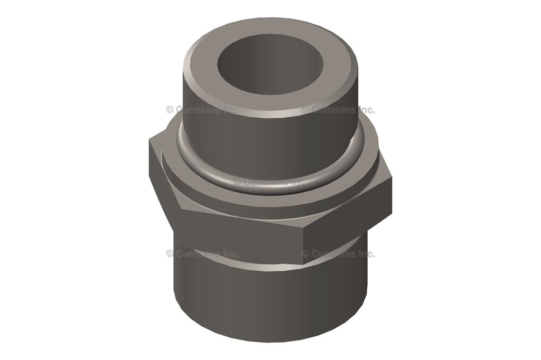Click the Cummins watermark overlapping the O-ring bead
[x=269, y=182]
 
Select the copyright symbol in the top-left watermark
[x=170, y=110]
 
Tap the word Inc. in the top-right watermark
[x=365, y=110]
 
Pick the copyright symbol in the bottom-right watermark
[x=305, y=253]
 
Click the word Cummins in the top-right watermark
[x=333, y=110]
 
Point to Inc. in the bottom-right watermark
[x=365, y=253]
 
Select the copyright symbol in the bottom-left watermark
[x=170, y=253]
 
